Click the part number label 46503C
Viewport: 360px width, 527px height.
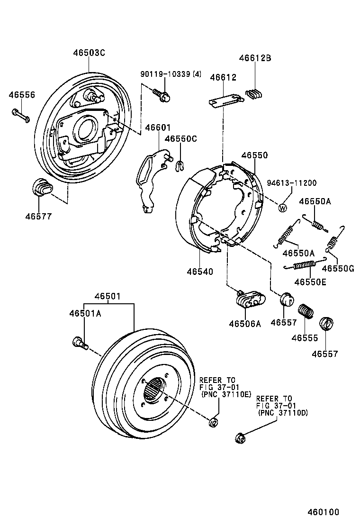coord(89,53)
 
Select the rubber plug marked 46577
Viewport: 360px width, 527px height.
coord(42,187)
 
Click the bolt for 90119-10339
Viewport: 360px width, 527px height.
coord(162,95)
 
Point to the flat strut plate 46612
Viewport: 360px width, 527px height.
coord(226,100)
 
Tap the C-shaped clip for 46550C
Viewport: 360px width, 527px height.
coord(180,165)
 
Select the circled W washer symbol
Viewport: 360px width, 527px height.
coord(283,208)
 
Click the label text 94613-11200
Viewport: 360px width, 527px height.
coord(291,183)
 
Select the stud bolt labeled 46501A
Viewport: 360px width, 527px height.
coord(80,342)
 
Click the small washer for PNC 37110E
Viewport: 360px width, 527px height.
coord(213,422)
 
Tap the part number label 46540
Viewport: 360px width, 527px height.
coord(199,272)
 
